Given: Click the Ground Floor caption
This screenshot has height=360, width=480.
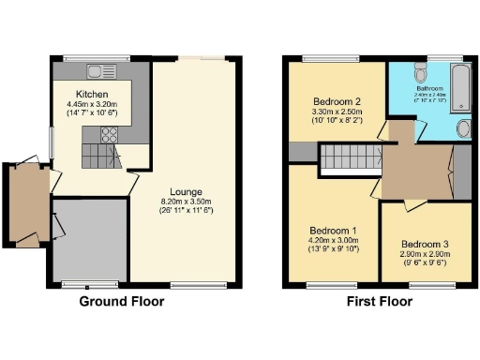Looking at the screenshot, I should [x=121, y=301].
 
